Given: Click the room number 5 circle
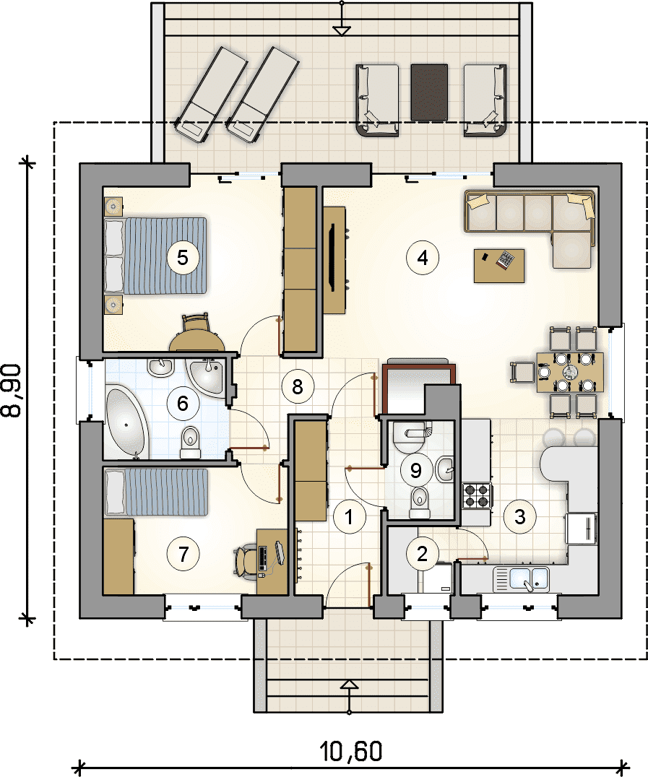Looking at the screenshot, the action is pos(183,257).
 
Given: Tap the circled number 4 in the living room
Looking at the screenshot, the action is pos(423,257).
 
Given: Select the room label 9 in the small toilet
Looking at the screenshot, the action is pos(416,469).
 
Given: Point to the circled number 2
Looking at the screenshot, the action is pos(422,554).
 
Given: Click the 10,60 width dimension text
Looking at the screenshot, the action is pos(352,751).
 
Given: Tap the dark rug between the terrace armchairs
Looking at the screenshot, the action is pos(429,92).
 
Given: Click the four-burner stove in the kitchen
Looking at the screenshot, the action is pos(478,495).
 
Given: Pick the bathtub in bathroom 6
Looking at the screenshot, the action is pos(127,422).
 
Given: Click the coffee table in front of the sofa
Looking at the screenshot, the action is pos(499,266).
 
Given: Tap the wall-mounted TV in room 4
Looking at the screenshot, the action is pos(334,260).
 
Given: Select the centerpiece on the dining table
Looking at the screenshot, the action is pos(571,372).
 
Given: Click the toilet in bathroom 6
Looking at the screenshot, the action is pos(189,442).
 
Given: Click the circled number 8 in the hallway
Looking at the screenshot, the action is pos(298,386).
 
